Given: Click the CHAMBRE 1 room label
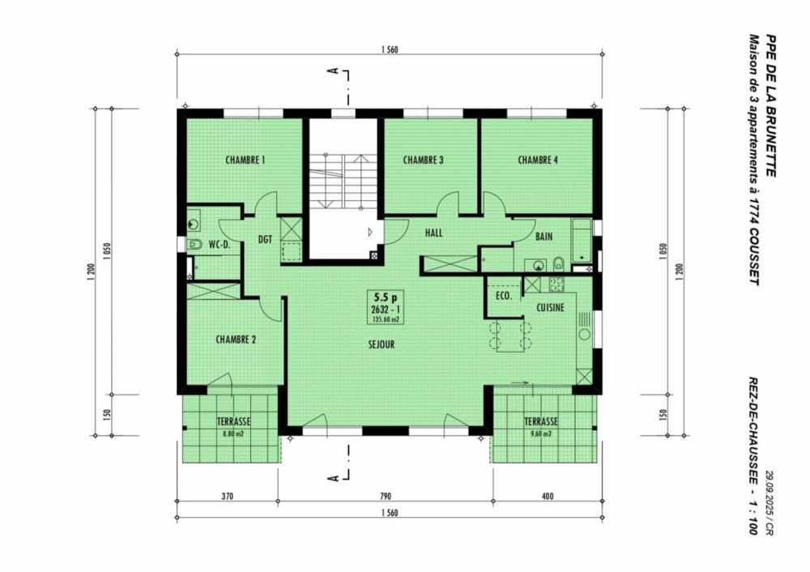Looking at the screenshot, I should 245,160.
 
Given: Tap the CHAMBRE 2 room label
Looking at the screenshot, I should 236,340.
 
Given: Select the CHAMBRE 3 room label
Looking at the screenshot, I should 423,160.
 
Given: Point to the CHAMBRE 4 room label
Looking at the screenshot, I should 538,160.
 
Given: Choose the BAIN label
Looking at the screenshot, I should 545,237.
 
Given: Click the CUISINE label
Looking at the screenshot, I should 551,309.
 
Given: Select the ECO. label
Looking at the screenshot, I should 503,297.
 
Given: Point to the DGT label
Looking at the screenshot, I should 265,239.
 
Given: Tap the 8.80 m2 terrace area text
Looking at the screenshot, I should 233,433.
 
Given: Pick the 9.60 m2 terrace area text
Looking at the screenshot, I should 540,433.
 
